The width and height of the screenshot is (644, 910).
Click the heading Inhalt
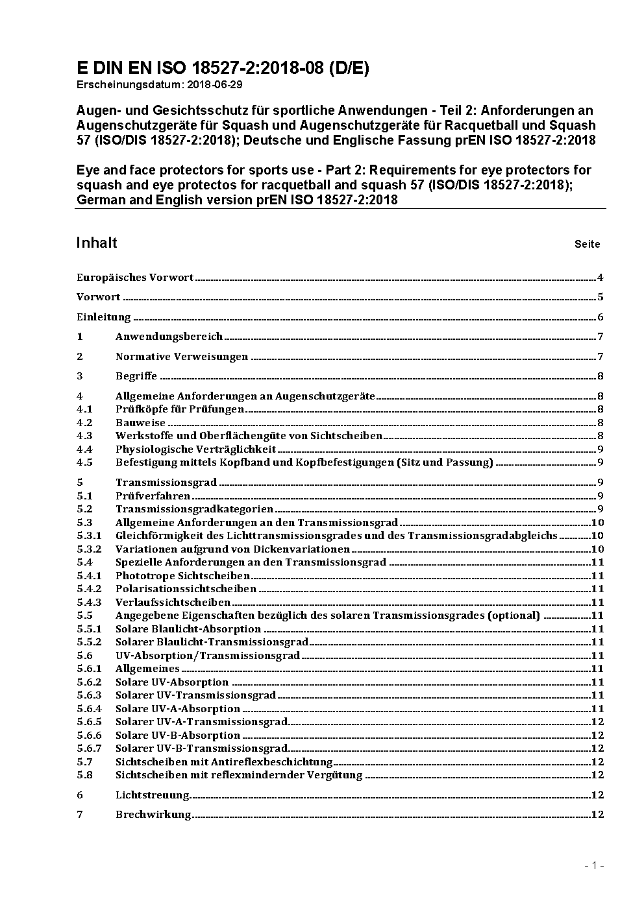tap(97, 243)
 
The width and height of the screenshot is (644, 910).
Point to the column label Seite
tap(587, 245)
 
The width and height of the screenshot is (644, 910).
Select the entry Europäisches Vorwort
tap(135, 278)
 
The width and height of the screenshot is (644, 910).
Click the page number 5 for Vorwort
tap(601, 297)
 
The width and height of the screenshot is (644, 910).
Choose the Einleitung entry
tap(104, 317)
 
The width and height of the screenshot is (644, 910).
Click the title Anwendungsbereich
tap(169, 337)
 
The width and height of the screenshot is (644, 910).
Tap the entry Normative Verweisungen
tap(182, 357)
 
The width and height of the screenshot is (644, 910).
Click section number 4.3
tap(84, 436)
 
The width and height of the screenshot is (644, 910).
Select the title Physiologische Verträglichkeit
tap(195, 449)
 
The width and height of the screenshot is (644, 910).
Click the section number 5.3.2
tap(89, 549)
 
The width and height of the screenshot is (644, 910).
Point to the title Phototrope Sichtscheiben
tap(182, 576)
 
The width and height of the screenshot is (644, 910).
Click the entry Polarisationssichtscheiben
tap(186, 589)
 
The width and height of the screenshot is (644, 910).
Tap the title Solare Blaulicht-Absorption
tap(188, 629)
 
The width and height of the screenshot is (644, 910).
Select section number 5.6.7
tap(89, 748)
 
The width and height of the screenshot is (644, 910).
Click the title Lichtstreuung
tap(153, 795)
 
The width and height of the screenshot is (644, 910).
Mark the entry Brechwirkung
tap(153, 815)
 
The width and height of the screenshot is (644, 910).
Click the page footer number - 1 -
tap(594, 865)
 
